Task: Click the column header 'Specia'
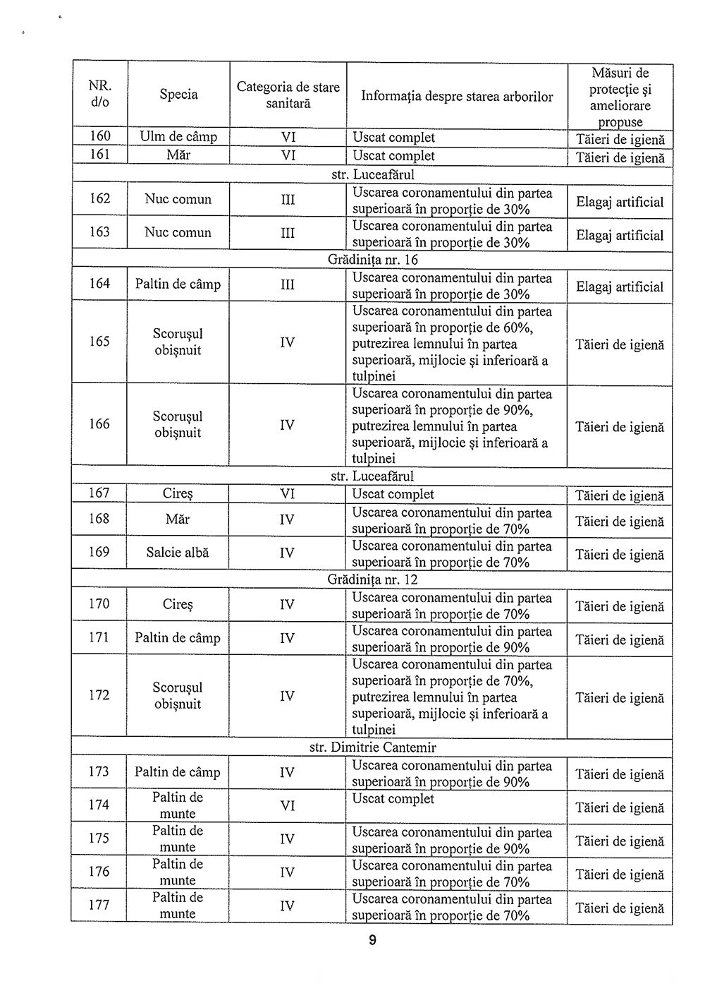[178, 95]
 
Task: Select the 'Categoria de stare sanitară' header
[288, 95]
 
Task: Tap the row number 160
[100, 136]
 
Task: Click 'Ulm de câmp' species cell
[178, 137]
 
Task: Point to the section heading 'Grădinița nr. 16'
[372, 260]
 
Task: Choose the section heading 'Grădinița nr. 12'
[372, 579]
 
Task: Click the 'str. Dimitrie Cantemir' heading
[372, 747]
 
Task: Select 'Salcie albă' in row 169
[178, 553]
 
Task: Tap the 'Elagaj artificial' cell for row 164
[620, 287]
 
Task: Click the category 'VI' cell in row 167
[288, 494]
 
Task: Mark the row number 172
[99, 695]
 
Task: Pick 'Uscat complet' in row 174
[393, 799]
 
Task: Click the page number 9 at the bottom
[372, 940]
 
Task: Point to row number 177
[99, 905]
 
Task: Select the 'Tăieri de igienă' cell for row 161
[620, 158]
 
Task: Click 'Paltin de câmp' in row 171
[178, 638]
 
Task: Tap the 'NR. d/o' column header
[100, 94]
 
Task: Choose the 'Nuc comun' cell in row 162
[178, 199]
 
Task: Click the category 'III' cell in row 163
[288, 233]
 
